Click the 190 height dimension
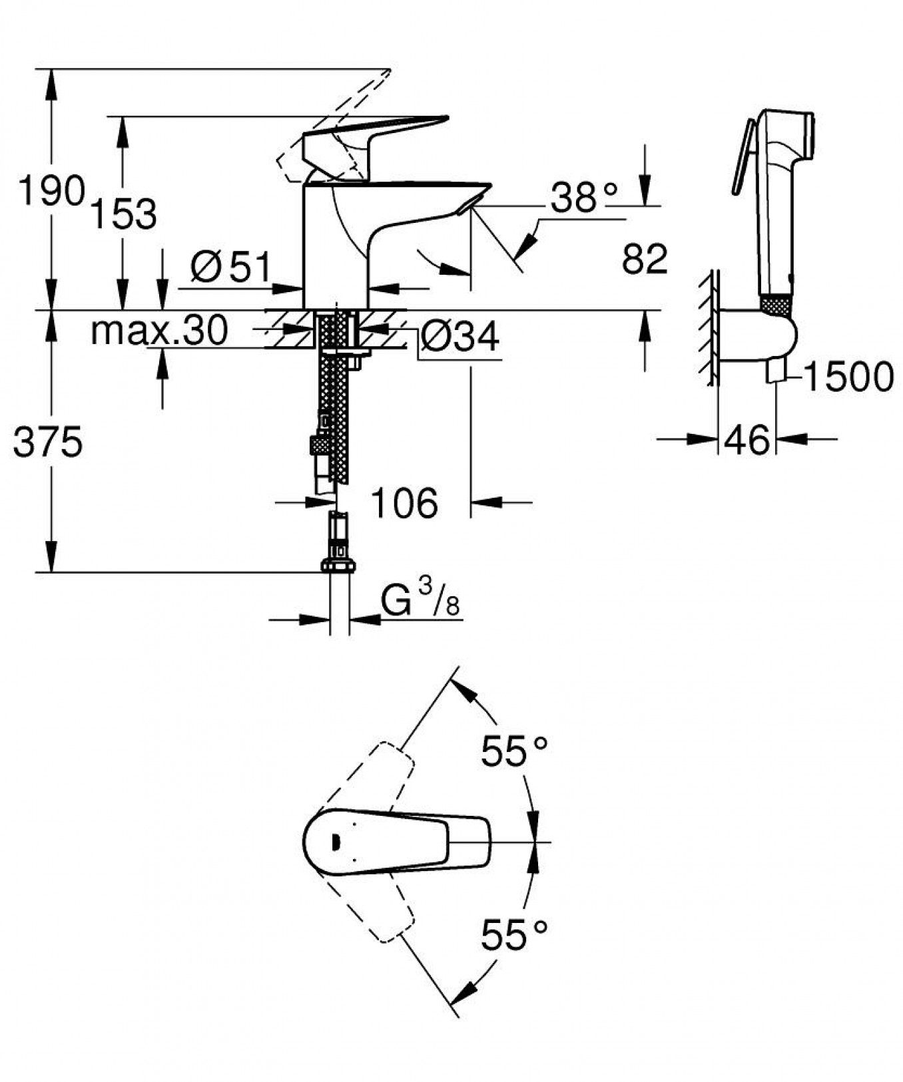51,191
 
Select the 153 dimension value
123,214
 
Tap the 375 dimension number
48,442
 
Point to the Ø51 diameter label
231,268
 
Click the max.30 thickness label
159,329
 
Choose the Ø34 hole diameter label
459,336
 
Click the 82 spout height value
645,259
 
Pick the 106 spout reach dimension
404,502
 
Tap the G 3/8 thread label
420,597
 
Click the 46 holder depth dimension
747,440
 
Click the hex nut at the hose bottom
338,566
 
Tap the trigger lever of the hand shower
743,157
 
